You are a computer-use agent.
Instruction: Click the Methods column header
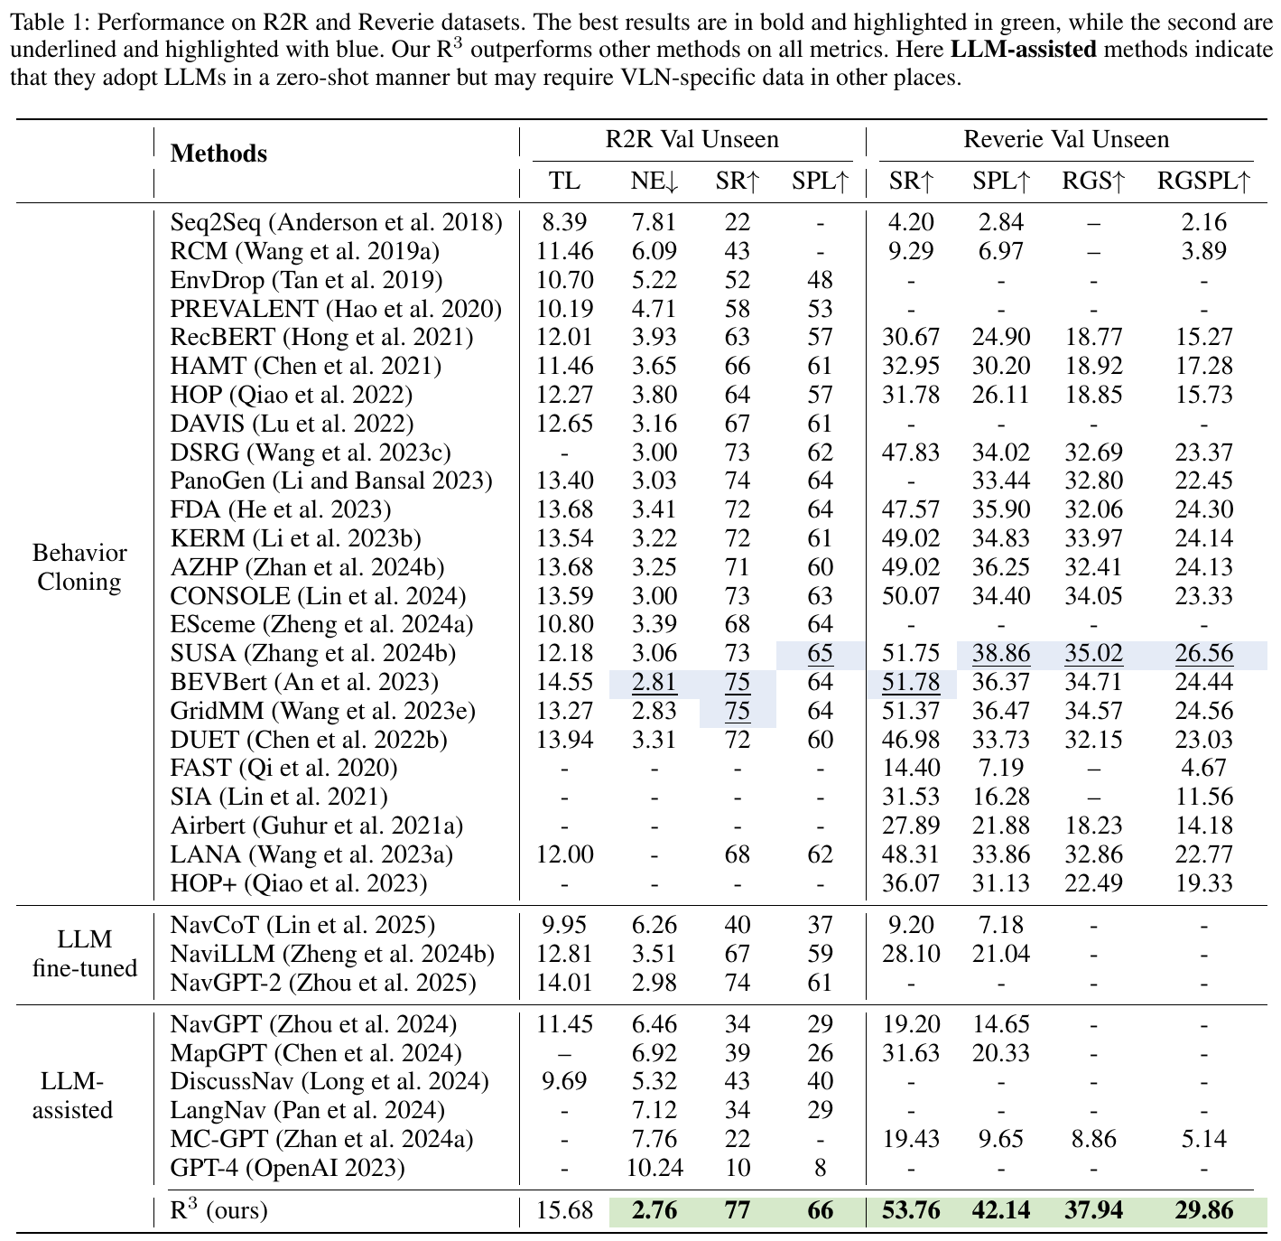click(x=218, y=154)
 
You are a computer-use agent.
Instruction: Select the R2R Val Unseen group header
click(x=692, y=139)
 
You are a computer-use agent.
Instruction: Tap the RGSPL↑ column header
click(x=1204, y=181)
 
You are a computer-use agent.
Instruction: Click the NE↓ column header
click(x=654, y=181)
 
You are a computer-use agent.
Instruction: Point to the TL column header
click(x=564, y=181)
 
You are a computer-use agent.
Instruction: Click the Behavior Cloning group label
click(x=79, y=567)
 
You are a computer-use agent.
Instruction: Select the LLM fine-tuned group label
click(x=85, y=954)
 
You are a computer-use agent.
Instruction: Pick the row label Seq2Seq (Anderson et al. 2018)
click(x=337, y=223)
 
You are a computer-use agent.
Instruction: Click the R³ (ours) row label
click(x=218, y=1209)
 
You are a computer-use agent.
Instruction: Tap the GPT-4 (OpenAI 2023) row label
click(x=287, y=1168)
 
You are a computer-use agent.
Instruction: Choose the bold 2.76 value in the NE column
click(x=654, y=1210)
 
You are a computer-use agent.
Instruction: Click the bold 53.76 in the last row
click(x=911, y=1210)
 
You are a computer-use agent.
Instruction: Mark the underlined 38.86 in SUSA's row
click(x=1001, y=653)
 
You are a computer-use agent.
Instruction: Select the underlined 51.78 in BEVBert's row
click(x=911, y=683)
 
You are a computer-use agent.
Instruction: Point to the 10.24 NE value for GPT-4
click(x=654, y=1168)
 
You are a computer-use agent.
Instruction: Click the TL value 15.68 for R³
click(x=565, y=1210)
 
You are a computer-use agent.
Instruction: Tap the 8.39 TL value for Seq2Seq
click(x=564, y=223)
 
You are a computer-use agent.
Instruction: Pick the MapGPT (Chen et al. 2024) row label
click(x=316, y=1053)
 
